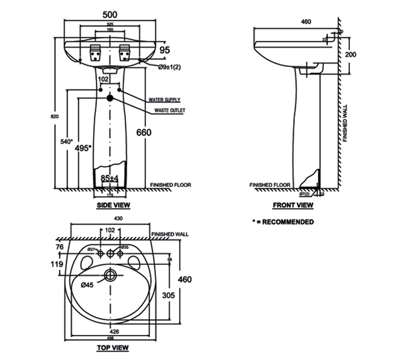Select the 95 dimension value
(164, 50)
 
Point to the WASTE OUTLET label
(170, 111)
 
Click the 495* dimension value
(83, 148)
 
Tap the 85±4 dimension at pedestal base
(109, 178)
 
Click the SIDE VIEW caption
(113, 205)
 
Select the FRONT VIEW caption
(293, 205)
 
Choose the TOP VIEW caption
(113, 347)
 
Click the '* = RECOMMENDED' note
(283, 222)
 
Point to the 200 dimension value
(350, 54)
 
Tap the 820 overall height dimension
(55, 116)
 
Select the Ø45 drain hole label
(87, 285)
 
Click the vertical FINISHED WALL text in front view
(344, 125)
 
